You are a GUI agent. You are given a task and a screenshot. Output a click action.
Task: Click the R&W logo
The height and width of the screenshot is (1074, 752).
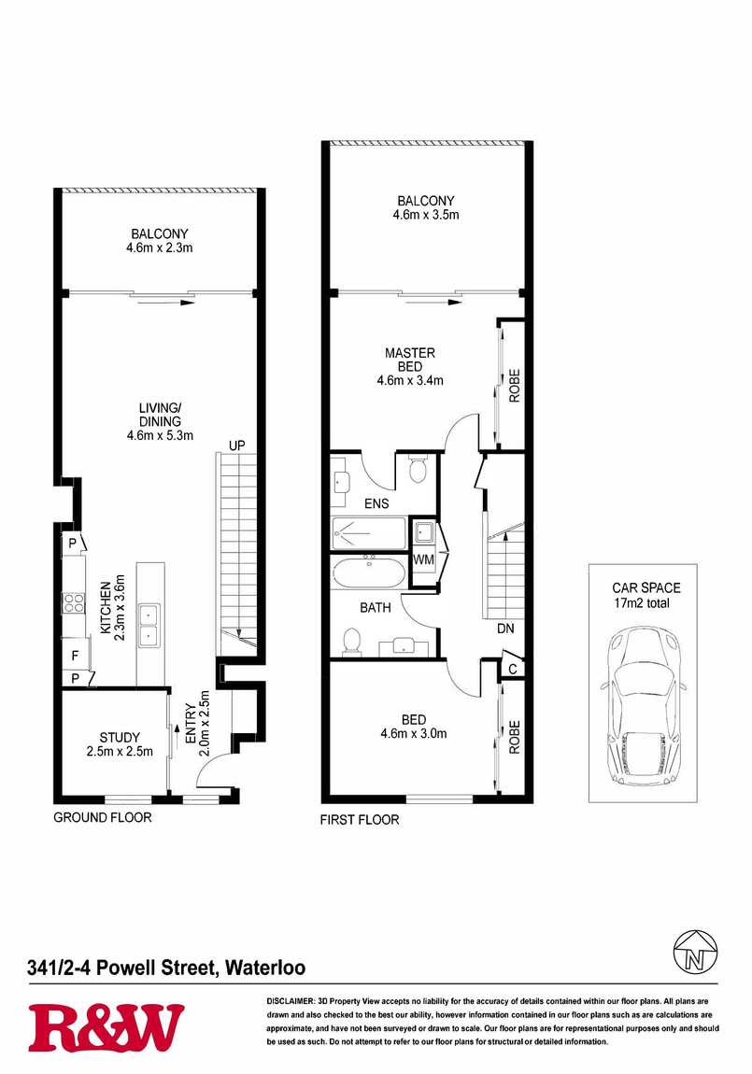click(x=106, y=1027)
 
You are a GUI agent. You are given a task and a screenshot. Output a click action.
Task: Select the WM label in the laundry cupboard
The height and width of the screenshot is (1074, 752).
click(x=424, y=559)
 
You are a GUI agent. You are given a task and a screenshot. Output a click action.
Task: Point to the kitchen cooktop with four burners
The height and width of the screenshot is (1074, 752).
click(x=73, y=602)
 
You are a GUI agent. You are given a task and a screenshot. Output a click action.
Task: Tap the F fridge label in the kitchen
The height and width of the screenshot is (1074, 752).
click(x=75, y=656)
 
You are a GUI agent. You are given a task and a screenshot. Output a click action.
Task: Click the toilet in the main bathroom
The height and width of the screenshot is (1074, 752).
click(x=352, y=642)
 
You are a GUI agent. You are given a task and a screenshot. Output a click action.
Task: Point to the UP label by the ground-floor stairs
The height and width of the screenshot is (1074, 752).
click(x=236, y=445)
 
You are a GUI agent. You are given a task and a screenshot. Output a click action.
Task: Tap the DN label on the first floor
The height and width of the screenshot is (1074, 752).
click(x=505, y=629)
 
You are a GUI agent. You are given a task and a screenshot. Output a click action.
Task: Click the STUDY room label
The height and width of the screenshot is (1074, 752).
click(x=120, y=738)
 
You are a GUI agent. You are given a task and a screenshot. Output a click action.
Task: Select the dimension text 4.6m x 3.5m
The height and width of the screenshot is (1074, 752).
click(x=426, y=215)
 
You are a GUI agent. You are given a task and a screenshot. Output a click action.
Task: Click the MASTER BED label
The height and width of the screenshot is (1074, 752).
click(x=410, y=360)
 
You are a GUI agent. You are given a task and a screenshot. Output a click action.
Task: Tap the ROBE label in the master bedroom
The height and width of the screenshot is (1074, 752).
click(x=515, y=386)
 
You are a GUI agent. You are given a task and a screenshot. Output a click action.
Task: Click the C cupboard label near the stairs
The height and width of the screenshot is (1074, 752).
click(x=512, y=670)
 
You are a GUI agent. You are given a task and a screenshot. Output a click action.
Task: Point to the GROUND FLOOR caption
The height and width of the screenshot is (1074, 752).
click(x=103, y=817)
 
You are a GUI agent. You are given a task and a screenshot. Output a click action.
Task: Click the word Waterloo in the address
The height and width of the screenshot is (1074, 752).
click(x=265, y=968)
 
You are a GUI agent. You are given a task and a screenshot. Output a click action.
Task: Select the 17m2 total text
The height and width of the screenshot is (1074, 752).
click(x=642, y=603)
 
